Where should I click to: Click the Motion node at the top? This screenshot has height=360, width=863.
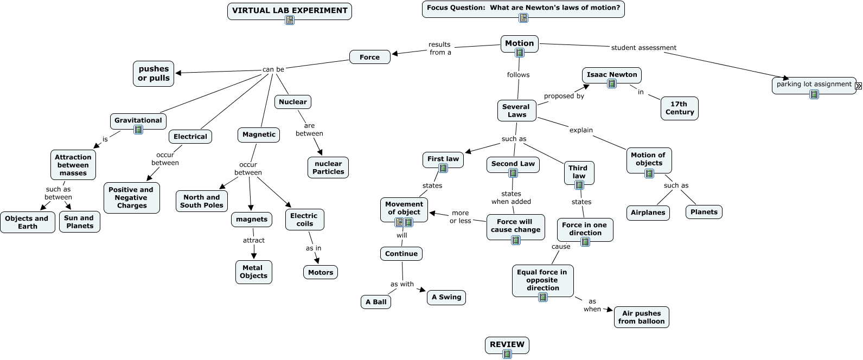pyautogui.click(x=519, y=43)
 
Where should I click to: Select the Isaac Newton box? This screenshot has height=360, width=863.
pyautogui.click(x=612, y=75)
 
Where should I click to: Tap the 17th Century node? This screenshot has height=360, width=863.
pyautogui.click(x=679, y=108)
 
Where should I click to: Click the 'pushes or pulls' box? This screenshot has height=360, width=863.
pyautogui.click(x=154, y=73)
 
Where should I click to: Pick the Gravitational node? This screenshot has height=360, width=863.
pyautogui.click(x=138, y=120)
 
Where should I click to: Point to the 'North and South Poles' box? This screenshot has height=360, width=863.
pyautogui.click(x=202, y=201)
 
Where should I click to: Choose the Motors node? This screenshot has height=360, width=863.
pyautogui.click(x=321, y=272)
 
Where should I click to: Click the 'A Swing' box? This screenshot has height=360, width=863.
pyautogui.click(x=446, y=297)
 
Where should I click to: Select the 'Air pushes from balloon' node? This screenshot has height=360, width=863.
pyautogui.click(x=641, y=317)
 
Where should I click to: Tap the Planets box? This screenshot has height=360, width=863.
pyautogui.click(x=704, y=212)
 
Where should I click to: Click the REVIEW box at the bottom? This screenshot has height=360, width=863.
pyautogui.click(x=507, y=344)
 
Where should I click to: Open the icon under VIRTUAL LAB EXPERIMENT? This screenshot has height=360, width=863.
pyautogui.click(x=290, y=20)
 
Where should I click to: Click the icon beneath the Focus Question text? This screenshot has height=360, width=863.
pyautogui.click(x=523, y=18)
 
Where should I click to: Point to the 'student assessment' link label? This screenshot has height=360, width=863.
pyautogui.click(x=643, y=48)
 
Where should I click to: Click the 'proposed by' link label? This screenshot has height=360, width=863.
pyautogui.click(x=564, y=96)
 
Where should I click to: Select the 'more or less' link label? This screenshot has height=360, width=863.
pyautogui.click(x=461, y=217)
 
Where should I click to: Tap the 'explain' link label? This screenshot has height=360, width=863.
pyautogui.click(x=581, y=130)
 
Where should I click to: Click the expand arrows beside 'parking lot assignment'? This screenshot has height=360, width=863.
pyautogui.click(x=858, y=86)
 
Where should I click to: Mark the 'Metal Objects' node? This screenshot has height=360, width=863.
pyautogui.click(x=253, y=272)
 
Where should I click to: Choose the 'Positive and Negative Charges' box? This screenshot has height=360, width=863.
pyautogui.click(x=131, y=197)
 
